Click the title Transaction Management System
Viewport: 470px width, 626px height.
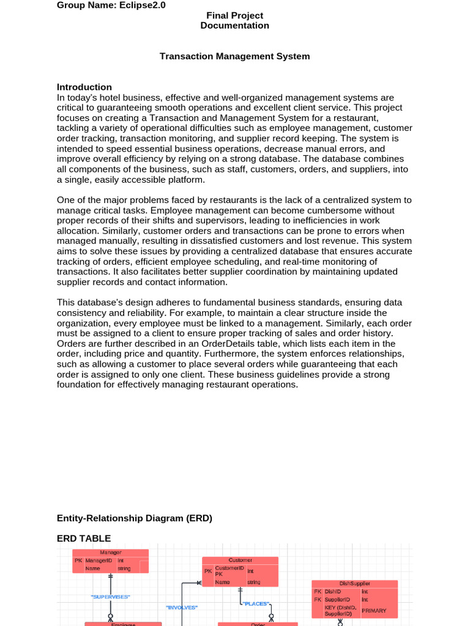234,56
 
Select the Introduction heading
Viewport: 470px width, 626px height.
84,87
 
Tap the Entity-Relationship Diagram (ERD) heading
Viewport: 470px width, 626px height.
134,518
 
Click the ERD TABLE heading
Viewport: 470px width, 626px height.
84,538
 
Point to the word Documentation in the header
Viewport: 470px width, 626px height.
234,26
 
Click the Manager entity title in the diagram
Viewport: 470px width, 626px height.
110,552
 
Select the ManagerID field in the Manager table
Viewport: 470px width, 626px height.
99,560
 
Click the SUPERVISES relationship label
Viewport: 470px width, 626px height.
110,596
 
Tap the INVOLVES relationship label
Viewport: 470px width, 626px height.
182,607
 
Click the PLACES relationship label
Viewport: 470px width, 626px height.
256,603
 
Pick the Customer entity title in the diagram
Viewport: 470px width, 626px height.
240,560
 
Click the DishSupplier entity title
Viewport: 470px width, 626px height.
354,584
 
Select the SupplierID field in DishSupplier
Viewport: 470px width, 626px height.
337,600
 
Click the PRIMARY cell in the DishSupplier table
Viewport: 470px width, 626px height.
374,610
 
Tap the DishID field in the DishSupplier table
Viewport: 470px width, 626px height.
333,592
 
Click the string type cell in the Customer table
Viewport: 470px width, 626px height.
254,582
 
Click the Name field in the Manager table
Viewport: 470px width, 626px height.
93,568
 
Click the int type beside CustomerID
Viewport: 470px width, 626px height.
250,571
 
